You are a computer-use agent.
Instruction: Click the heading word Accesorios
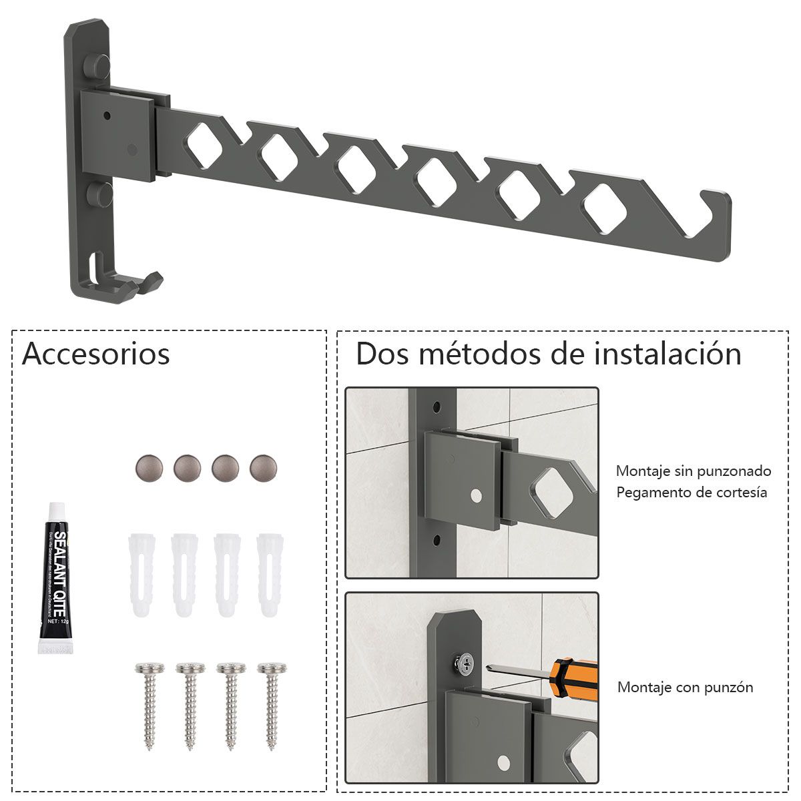pos(95,354)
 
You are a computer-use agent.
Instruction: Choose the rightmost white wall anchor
pos(269,574)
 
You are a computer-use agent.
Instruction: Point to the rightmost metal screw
pos(271,704)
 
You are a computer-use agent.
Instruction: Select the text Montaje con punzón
pos(685,687)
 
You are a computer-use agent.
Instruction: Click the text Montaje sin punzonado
pos(693,471)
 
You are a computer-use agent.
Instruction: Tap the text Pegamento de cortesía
pos(692,493)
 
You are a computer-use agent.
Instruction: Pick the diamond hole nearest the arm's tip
pos(603,208)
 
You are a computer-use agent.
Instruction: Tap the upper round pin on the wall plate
pos(98,65)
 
